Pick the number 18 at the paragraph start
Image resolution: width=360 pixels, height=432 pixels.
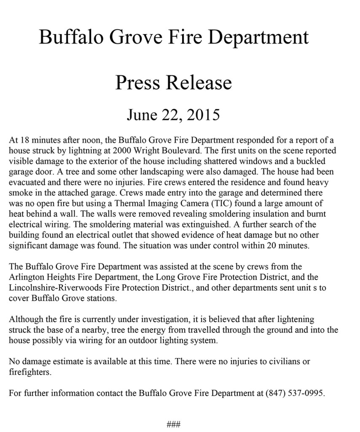pyautogui.click(x=22, y=140)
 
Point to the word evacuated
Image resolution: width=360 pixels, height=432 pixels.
pyautogui.click(x=25, y=183)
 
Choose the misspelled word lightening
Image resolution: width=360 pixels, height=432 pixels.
pyautogui.click(x=296, y=319)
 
